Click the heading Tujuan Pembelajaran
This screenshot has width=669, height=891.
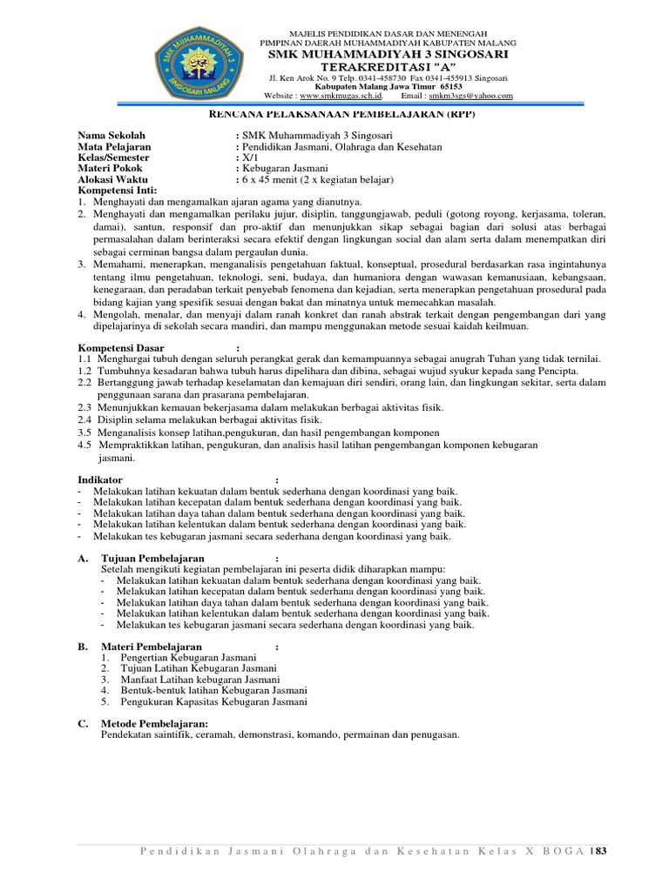(x=152, y=558)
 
